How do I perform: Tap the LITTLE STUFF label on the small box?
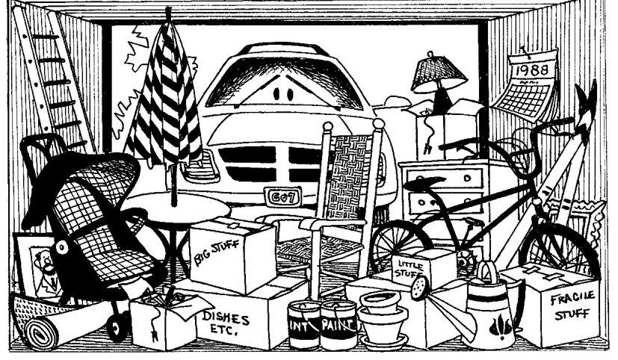click(x=410, y=266)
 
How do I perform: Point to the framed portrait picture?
click(x=34, y=265)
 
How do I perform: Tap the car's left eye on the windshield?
click(x=278, y=95)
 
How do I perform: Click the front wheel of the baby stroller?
click(x=115, y=326)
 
